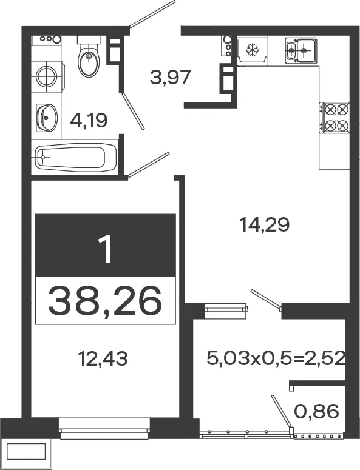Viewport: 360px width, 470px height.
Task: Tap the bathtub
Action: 76,157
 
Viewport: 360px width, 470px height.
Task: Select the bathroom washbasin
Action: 46,118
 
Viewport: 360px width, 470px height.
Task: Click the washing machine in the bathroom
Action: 48,76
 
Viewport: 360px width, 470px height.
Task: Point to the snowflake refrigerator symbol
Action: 252,50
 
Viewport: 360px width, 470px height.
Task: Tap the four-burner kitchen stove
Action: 335,118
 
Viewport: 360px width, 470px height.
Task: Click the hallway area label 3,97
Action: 170,77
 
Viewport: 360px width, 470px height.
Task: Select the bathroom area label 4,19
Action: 89,121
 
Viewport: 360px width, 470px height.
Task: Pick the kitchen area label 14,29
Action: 265,225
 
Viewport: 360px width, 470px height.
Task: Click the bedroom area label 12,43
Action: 103,358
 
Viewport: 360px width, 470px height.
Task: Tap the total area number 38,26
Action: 105,301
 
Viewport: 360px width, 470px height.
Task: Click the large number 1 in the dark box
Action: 106,249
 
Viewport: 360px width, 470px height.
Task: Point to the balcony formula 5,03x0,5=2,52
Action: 276,358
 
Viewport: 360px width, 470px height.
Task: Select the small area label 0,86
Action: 316,411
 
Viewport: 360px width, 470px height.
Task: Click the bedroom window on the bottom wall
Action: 104,429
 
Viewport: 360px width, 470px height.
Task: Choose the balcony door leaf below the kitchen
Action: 266,299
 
